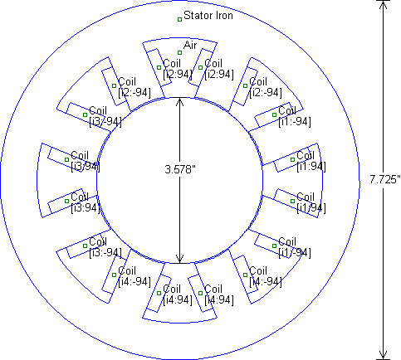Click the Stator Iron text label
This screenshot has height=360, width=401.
tap(208, 16)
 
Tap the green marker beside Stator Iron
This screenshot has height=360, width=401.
tap(179, 19)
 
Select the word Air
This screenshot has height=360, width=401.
tap(190, 45)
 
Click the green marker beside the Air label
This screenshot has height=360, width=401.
tap(179, 52)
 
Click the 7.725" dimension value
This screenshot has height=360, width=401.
tap(385, 179)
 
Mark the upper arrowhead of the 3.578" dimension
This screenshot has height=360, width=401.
tap(180, 102)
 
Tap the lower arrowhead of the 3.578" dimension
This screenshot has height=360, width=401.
tap(180, 259)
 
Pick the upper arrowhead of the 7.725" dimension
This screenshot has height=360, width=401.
tap(383, 5)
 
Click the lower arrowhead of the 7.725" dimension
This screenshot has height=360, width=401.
tap(383, 355)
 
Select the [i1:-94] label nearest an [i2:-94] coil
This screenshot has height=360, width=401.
tap(295, 122)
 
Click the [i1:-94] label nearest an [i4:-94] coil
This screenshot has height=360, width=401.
tap(295, 253)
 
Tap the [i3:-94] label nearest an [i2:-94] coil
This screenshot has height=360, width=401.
tap(105, 122)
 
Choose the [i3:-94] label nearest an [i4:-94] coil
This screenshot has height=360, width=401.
tap(105, 253)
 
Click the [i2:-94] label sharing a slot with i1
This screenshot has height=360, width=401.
tap(266, 93)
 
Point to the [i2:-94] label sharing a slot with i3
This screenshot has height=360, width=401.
tap(134, 93)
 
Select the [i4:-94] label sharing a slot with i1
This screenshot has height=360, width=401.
tap(266, 282)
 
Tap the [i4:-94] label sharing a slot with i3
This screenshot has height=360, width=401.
tap(134, 282)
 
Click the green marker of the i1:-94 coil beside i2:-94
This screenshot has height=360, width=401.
tap(274, 114)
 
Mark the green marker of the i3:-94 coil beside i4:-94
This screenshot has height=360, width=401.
tap(85, 246)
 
